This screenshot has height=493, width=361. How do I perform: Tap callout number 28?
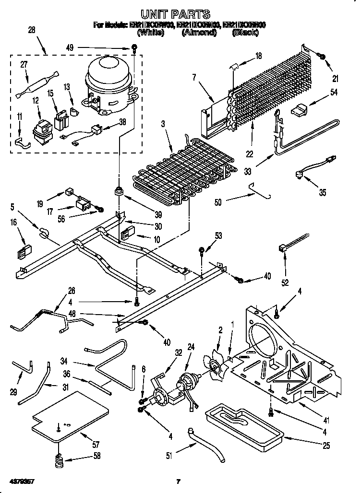32,30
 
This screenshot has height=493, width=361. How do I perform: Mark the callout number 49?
71,47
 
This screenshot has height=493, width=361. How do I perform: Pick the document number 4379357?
20,481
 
